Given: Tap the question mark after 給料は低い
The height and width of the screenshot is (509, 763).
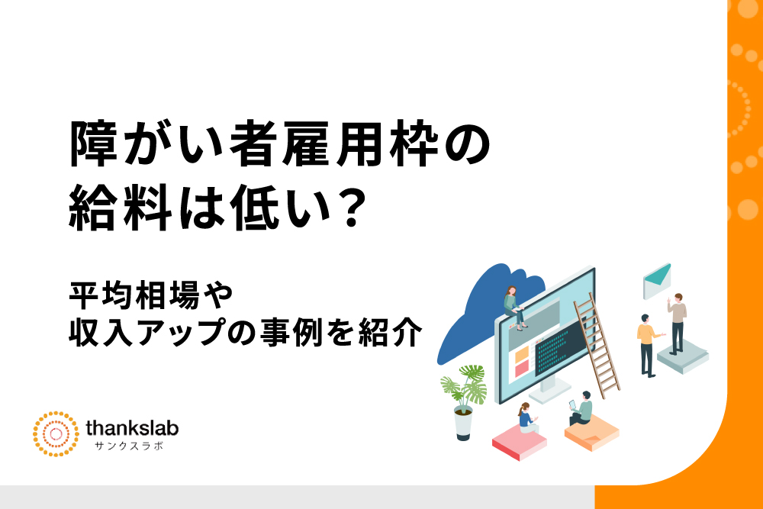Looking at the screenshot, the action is [352, 209].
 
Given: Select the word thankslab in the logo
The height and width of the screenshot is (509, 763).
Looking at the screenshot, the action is [132, 428].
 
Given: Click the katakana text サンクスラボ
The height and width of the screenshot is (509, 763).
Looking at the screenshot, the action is [129, 446].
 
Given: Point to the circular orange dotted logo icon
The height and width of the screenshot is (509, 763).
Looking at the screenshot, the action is [56, 434].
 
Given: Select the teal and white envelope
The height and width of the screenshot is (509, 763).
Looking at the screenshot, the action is [657, 282].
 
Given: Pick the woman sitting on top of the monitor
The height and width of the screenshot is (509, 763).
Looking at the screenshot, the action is [513, 308].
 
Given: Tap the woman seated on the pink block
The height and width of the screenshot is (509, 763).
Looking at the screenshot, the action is [527, 418].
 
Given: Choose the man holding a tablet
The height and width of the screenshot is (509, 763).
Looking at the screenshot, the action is [581, 409].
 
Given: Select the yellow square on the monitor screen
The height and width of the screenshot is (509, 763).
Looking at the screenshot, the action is [521, 354].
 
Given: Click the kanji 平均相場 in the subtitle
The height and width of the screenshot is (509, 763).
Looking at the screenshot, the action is [134, 295].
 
